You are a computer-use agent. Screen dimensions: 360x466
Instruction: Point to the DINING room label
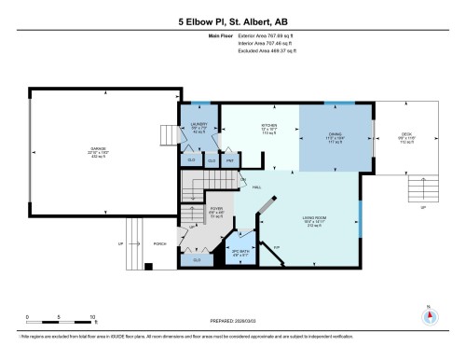pyautogui.click(x=335, y=137)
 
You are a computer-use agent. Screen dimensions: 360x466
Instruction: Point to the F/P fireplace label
pyautogui.click(x=277, y=247)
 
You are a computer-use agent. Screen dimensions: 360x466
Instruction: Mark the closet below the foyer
pyautogui.click(x=198, y=260)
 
